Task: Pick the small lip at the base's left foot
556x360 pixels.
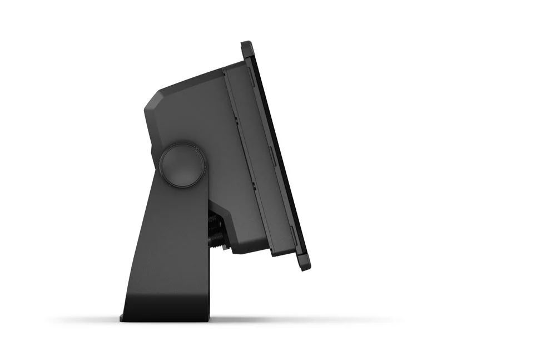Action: click(x=122, y=318)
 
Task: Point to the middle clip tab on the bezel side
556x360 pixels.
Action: click(x=269, y=151)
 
